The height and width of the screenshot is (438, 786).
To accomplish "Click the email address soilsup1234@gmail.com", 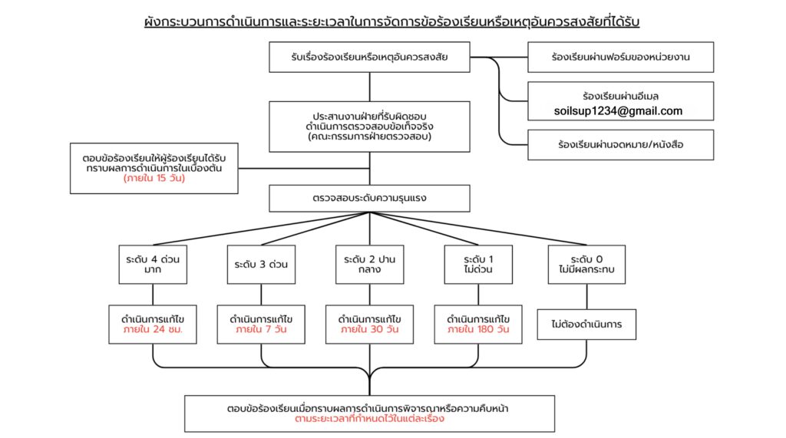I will pos(618,111).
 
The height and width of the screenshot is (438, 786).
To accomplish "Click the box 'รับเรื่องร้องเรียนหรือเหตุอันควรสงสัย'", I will pos(369,57).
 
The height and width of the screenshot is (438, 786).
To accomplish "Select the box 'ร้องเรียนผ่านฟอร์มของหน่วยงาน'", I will pos(621,57).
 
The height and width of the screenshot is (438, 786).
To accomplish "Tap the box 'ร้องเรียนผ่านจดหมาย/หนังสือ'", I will pos(621,144).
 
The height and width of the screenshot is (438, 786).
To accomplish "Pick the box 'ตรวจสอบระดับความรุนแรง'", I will pos(369,198).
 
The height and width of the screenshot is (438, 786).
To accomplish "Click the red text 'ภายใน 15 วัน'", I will pos(154,179).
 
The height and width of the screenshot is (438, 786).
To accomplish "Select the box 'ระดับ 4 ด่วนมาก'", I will pos(152,264).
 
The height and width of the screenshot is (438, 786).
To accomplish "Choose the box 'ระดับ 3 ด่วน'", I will pos(261,264).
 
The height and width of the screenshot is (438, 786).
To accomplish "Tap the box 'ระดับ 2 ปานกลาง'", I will pos(369,264).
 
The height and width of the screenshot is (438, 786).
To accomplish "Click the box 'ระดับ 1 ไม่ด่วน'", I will pos(478,264).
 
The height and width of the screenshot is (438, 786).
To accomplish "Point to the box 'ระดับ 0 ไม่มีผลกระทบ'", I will pos(587,264).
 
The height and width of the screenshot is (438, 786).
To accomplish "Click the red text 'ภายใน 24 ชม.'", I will pos(152,331).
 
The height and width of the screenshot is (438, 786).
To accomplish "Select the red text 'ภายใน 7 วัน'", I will pos(261,331).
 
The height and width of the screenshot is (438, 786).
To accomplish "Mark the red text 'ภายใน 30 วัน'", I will pos(369,331).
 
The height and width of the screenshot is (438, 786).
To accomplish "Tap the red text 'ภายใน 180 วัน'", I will pos(478,331).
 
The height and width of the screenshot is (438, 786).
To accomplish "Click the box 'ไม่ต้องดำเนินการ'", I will pos(587,324).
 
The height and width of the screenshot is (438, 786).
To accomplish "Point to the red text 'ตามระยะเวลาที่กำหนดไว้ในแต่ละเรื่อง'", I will pos(369,420).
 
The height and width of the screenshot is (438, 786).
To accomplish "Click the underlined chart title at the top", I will pos(392,21).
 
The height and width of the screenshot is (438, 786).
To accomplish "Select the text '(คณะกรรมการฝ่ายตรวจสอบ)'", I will pos(369,137).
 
